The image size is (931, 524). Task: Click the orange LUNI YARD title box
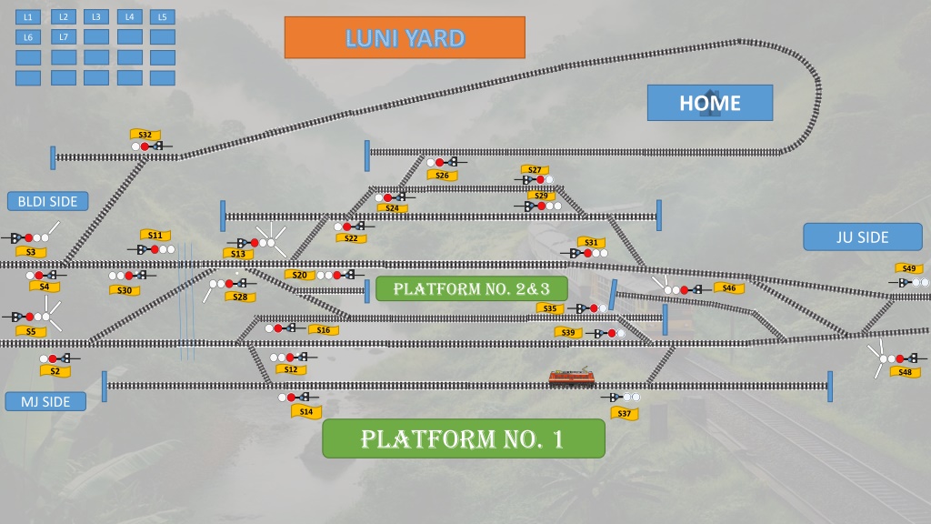405,37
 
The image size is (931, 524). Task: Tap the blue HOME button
710,103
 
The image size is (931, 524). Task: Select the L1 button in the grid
28,17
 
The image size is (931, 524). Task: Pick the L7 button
64,36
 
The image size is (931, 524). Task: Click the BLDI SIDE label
47,201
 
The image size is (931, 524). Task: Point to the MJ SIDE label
45,401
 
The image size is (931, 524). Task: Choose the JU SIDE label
863,237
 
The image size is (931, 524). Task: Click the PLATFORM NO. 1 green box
463,438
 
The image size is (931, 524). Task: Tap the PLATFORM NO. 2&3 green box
472,288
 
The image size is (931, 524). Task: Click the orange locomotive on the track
571,378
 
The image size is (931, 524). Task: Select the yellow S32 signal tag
145,135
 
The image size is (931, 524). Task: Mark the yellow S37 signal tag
625,414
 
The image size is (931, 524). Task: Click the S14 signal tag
306,411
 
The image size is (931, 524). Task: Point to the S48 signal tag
905,372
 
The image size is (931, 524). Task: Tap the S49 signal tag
909,268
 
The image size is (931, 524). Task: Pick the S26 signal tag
443,176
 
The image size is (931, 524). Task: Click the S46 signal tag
729,288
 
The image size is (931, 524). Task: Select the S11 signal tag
155,236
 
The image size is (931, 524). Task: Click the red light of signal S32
145,146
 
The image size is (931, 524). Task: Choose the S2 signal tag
55,371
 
